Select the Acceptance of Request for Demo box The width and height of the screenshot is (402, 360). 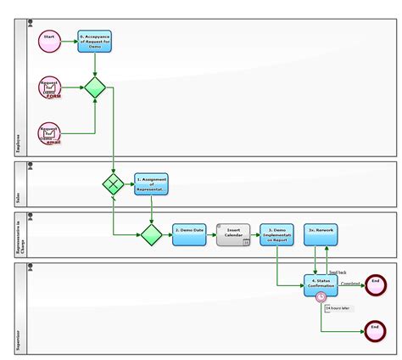click(94, 41)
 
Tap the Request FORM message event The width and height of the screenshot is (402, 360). click(50, 87)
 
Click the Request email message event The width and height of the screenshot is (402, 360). click(50, 133)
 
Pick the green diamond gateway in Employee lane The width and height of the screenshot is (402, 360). click(94, 87)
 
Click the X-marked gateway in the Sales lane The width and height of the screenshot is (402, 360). click(113, 183)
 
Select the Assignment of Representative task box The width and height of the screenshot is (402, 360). click(151, 183)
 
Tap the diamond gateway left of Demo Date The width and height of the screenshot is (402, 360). click(151, 234)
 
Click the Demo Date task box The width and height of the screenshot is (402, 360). click(189, 234)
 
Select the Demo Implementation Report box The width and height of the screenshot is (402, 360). click(276, 234)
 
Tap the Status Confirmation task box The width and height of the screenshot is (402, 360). click(321, 284)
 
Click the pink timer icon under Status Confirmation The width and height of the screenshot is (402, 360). click(321, 297)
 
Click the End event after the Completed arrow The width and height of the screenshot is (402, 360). click(374, 284)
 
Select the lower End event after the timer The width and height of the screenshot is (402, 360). click(374, 330)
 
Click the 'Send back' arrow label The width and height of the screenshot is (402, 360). click(338, 272)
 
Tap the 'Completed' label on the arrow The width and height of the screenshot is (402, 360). click(350, 282)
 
